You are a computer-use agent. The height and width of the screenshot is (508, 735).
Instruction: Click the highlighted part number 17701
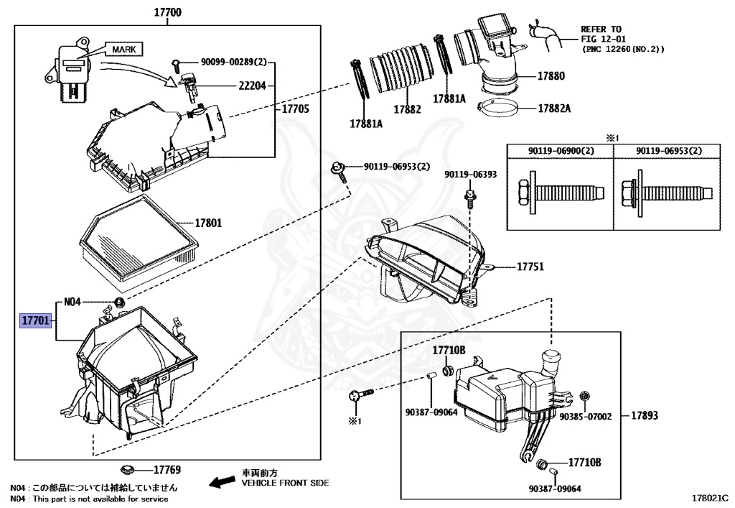pyautogui.click(x=35, y=320)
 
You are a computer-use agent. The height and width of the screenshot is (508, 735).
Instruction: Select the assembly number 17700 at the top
pyautogui.click(x=167, y=12)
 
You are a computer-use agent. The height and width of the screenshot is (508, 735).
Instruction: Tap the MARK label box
pyautogui.click(x=123, y=49)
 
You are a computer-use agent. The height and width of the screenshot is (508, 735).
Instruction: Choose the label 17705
pyautogui.click(x=294, y=109)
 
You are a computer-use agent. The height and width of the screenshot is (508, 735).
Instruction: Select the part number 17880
pyautogui.click(x=551, y=75)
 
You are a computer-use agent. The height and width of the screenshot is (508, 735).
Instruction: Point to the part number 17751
pyautogui.click(x=530, y=267)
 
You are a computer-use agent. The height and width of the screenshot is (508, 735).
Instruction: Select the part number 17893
pyautogui.click(x=647, y=415)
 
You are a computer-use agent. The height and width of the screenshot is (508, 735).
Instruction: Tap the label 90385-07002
pyautogui.click(x=586, y=417)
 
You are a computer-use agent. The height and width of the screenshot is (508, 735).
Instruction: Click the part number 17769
pyautogui.click(x=167, y=471)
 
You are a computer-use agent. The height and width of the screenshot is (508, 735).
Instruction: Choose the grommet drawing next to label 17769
pyautogui.click(x=130, y=469)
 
